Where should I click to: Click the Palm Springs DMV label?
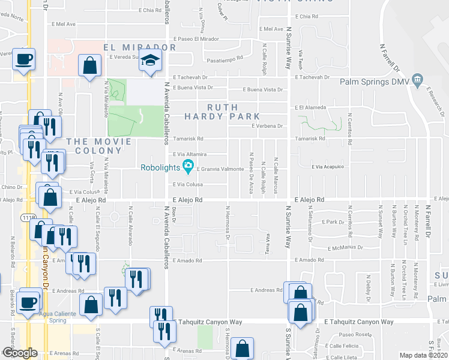374,82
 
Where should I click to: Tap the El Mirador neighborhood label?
139,47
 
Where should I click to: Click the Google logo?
20,352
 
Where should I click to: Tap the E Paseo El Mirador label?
194,38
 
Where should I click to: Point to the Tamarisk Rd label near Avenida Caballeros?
188,139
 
